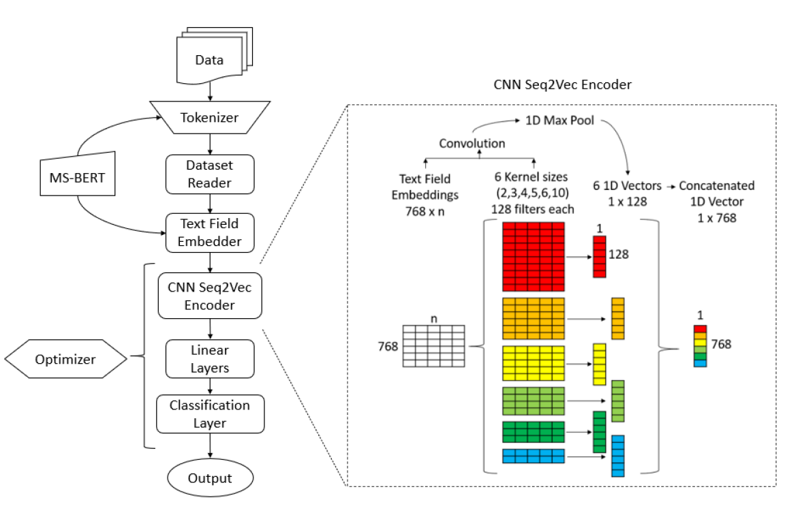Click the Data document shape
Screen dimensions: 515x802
[209, 59]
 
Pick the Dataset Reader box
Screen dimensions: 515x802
[209, 174]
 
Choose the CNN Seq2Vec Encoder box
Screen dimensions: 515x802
[210, 296]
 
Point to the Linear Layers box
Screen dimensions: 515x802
[209, 360]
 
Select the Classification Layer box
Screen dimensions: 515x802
[209, 414]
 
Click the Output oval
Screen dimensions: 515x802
[209, 478]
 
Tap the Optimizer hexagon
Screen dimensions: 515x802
[65, 358]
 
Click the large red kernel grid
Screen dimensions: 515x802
[534, 257]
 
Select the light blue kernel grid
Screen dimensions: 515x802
[534, 455]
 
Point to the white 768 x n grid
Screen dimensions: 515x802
[433, 346]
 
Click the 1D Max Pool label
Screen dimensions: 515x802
[558, 121]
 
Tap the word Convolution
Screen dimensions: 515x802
[472, 144]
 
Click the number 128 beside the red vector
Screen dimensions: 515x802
[619, 255]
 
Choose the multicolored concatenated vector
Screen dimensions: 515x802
[700, 346]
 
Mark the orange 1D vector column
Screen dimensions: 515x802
[618, 318]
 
